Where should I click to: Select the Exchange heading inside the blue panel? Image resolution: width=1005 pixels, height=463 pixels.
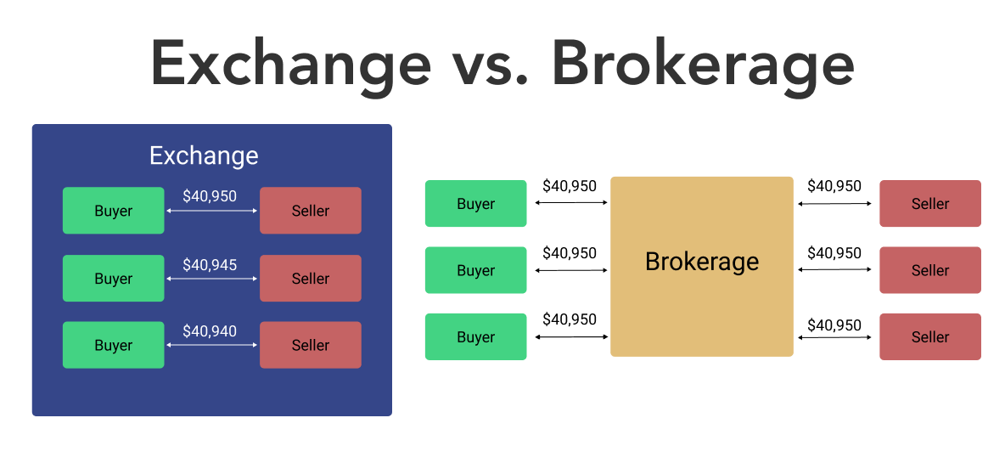point(204,156)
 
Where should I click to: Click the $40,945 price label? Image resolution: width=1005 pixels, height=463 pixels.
point(210,265)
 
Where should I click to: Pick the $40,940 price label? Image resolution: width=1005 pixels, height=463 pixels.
point(210,331)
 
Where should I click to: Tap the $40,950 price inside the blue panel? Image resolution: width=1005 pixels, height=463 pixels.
point(210,196)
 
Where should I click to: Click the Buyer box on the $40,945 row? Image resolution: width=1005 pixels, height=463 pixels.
point(114,279)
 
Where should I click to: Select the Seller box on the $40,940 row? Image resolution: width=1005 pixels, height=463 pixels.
point(311,345)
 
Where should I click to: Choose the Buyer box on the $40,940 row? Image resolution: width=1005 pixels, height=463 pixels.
point(114,345)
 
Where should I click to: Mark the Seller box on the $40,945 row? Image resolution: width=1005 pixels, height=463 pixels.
point(311,279)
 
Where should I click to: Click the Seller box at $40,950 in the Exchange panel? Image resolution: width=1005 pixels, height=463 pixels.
point(311,211)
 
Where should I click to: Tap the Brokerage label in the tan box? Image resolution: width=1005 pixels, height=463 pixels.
point(702,261)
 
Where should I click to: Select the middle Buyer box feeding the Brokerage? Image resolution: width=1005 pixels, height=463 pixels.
point(475,270)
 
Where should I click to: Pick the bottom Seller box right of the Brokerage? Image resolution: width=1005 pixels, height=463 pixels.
point(930,336)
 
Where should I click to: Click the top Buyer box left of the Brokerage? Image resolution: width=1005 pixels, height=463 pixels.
point(475,204)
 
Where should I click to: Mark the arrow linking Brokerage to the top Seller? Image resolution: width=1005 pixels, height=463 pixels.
point(835,204)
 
